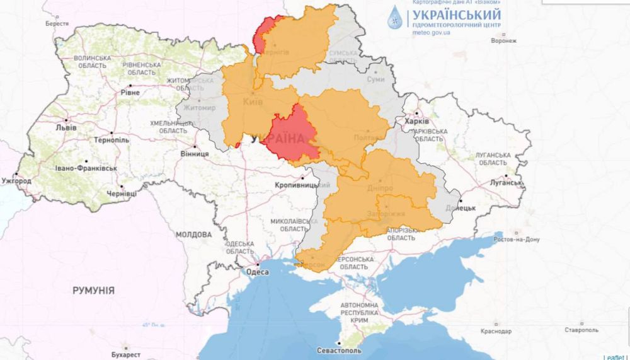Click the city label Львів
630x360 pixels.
(66, 127)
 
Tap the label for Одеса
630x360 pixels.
(258, 272)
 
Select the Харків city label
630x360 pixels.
(417, 121)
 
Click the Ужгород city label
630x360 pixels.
(16, 181)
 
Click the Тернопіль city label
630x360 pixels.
(112, 141)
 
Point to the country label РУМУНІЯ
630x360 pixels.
(93, 291)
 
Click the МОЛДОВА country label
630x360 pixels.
(193, 234)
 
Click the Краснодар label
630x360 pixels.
(495, 331)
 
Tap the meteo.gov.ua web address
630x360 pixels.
(431, 32)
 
